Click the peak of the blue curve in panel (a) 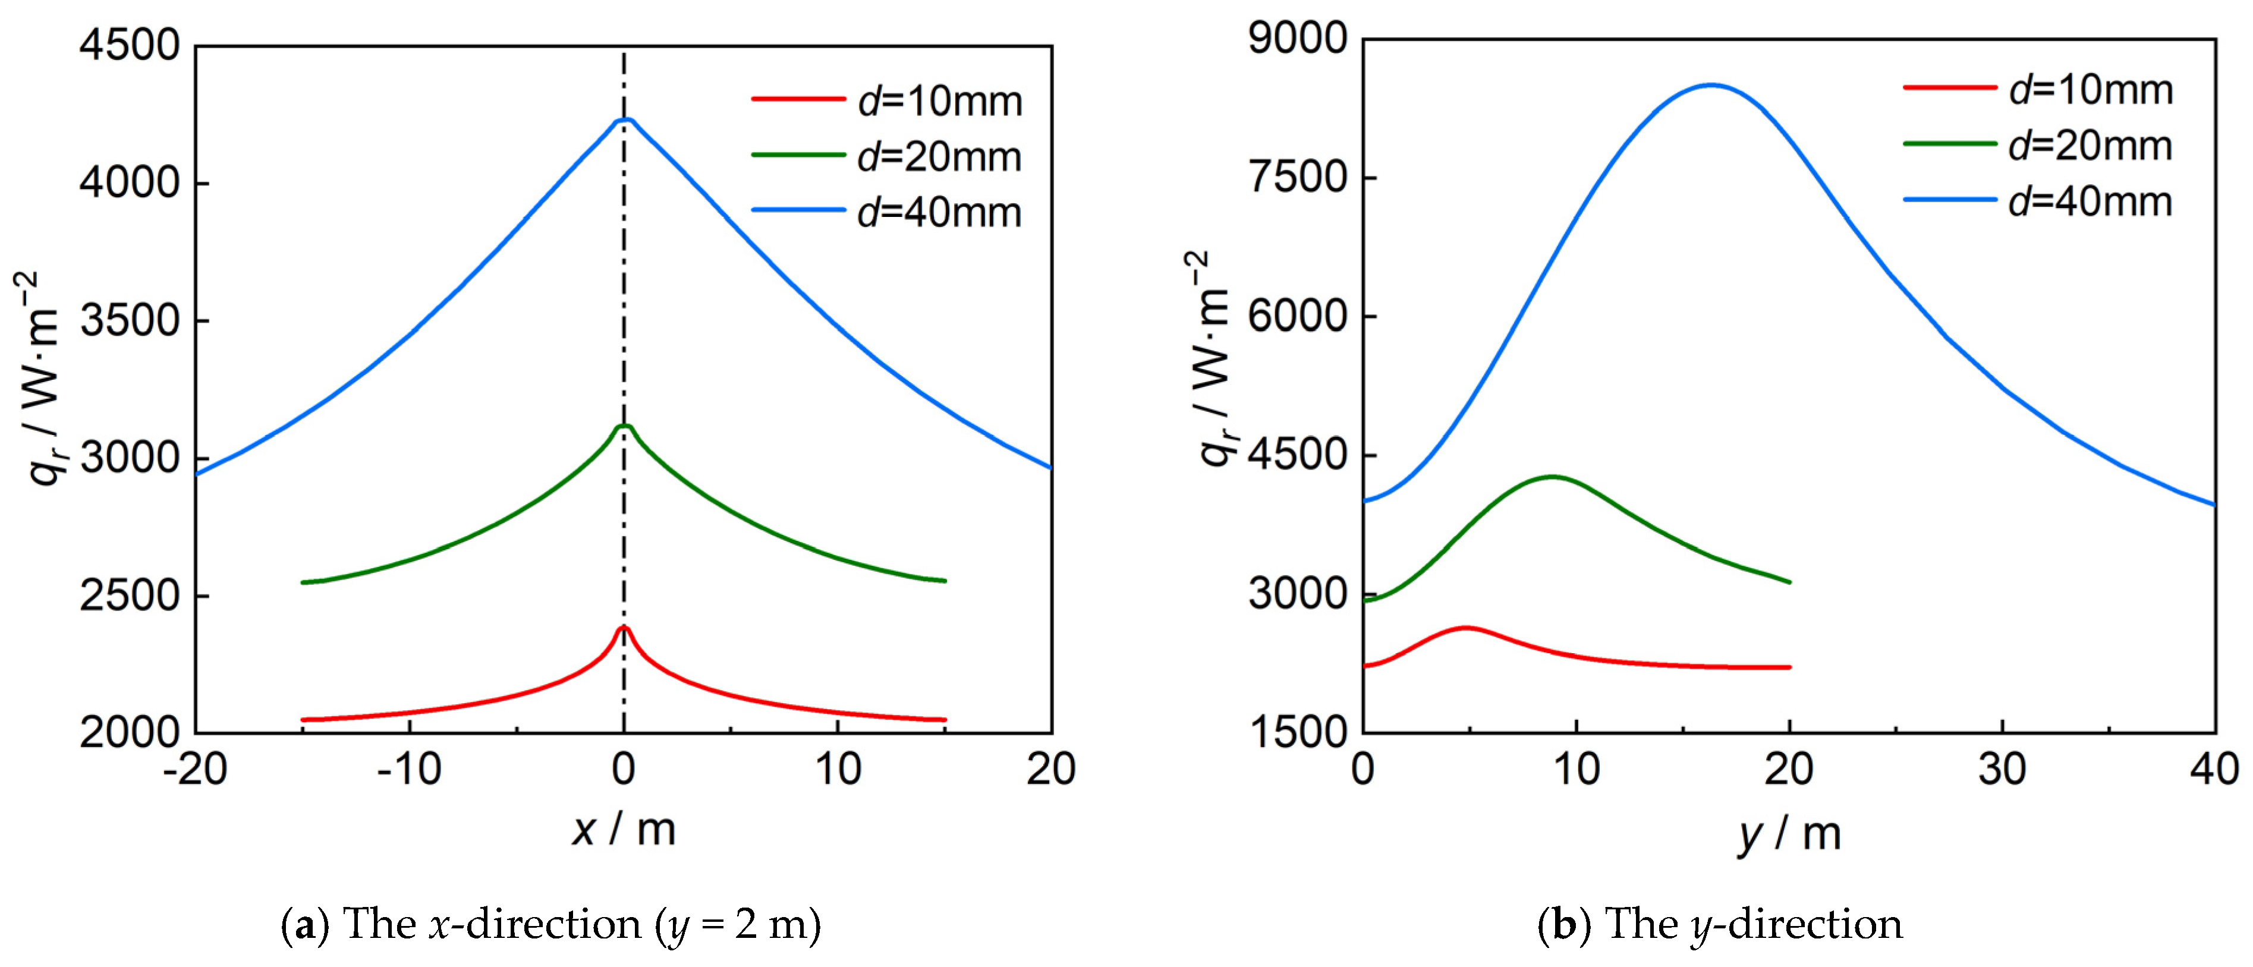tap(624, 119)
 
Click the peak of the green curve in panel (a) tap(624, 426)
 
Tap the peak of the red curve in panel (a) tap(624, 627)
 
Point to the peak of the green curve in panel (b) tap(1553, 477)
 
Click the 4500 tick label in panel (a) tap(130, 45)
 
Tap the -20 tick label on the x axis tap(196, 770)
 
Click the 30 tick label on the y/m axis tap(2002, 770)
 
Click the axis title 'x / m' tap(624, 829)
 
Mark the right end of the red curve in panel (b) tap(1789, 667)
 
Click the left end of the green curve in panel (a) tap(303, 582)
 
